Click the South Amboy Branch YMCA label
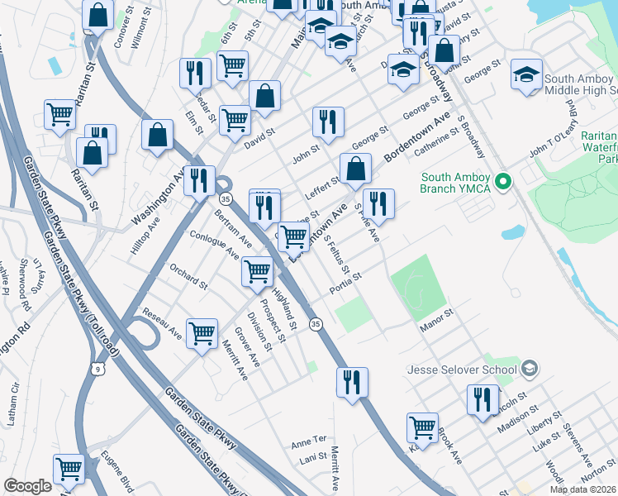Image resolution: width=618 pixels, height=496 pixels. [456, 184]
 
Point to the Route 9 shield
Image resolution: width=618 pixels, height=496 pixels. [97, 370]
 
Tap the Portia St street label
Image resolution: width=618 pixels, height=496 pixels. [345, 284]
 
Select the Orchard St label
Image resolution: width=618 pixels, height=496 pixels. [188, 278]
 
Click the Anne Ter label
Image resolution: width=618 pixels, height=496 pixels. [309, 442]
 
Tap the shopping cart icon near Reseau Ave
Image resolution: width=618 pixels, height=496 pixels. [202, 334]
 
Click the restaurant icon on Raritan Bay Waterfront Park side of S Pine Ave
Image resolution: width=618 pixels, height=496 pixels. [378, 203]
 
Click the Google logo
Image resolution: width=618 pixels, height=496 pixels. [27, 486]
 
